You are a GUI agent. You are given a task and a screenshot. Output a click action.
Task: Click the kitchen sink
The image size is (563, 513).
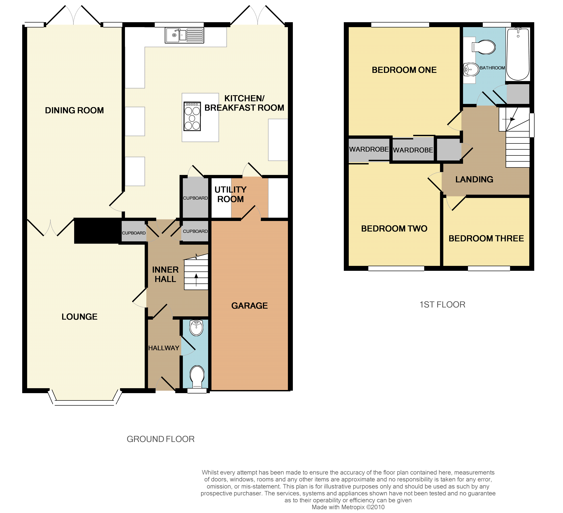(x=184, y=35)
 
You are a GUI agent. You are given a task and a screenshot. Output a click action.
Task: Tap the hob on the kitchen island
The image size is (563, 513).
(x=192, y=116)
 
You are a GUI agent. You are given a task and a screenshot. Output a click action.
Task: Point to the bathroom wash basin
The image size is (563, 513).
(x=471, y=69)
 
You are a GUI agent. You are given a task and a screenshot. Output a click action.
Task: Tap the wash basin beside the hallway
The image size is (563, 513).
(x=196, y=328)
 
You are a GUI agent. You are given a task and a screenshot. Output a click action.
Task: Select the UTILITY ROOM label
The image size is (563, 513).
(x=230, y=194)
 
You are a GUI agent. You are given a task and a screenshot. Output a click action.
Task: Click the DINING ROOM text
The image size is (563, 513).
(x=74, y=110)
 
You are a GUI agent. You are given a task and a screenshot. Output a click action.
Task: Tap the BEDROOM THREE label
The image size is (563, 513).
(x=486, y=238)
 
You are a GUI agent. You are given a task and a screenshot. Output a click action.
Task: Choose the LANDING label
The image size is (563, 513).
(x=474, y=179)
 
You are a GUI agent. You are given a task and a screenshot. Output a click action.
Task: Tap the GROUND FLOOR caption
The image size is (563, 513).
(x=161, y=439)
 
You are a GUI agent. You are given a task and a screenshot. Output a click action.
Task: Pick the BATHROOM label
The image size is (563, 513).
(x=492, y=68)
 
